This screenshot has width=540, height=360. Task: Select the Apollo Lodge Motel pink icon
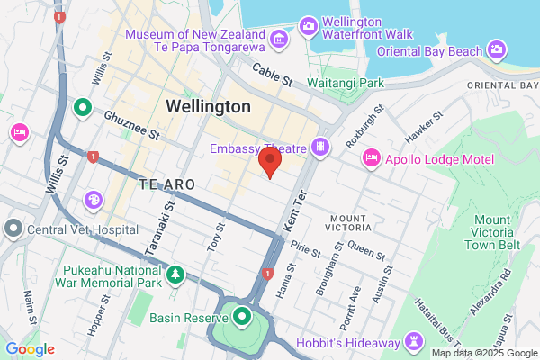coord(369,158)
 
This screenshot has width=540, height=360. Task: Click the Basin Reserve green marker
coord(241,316)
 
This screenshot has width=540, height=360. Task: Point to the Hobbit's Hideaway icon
coord(413,342)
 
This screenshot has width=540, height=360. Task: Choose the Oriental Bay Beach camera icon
coord(497,48)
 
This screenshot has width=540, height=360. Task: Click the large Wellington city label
coord(209,106)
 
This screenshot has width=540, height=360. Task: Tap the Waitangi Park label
coord(346,83)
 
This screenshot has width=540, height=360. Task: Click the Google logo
coord(30,348)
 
